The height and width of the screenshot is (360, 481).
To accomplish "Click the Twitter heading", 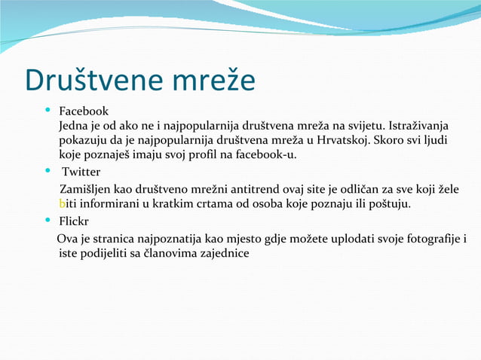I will pos(81,172).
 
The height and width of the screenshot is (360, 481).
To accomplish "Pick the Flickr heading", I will pos(75,222).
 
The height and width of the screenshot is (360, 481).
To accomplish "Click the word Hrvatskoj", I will pos(337,140).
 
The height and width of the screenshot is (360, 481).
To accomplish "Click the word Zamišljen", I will pos(86,188).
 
